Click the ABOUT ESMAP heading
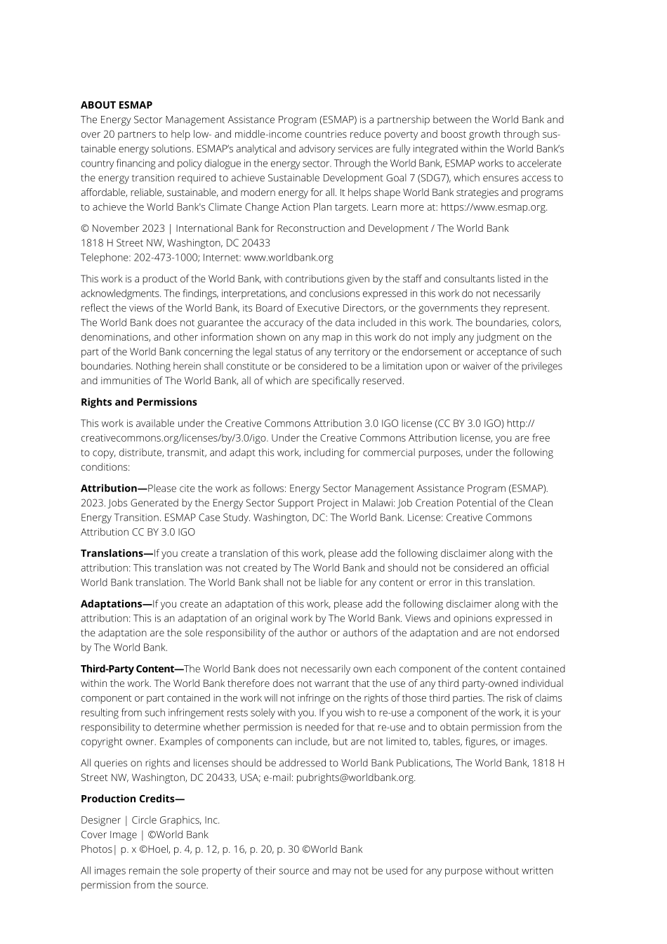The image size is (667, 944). click(x=117, y=105)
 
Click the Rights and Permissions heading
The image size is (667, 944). click(x=138, y=402)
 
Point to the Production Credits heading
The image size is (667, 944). click(x=132, y=799)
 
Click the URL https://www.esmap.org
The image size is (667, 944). click(x=493, y=207)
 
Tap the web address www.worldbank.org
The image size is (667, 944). click(x=289, y=258)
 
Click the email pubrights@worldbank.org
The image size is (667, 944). click(x=355, y=778)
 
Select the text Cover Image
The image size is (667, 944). click(x=109, y=835)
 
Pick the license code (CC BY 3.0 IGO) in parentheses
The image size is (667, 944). click(x=470, y=424)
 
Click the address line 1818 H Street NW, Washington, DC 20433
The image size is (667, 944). click(x=176, y=243)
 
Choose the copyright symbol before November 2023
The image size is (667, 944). click(x=84, y=228)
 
